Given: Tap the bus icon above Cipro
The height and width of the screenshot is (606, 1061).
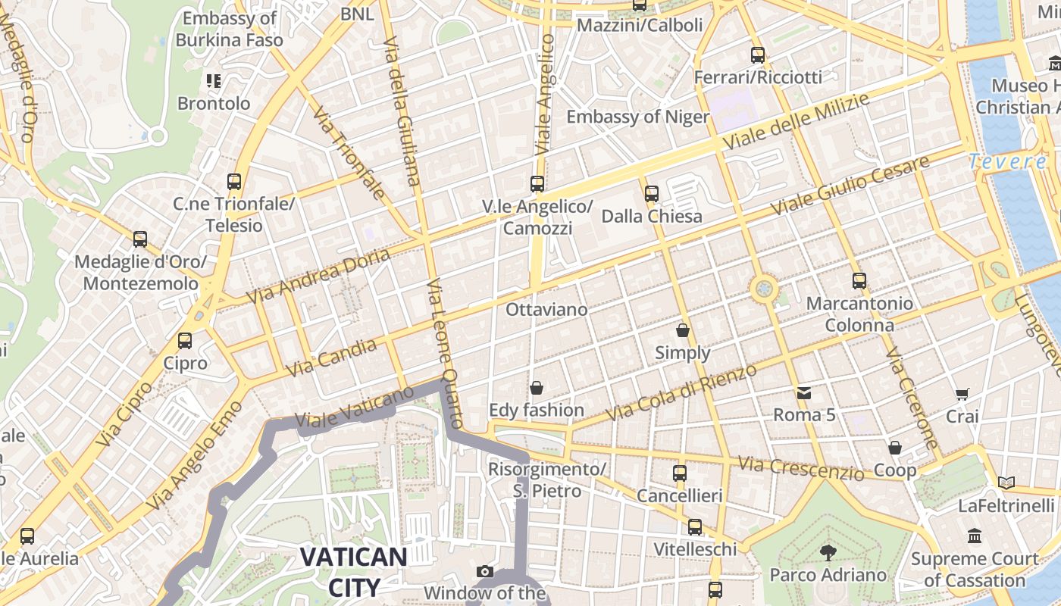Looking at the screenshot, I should pyautogui.click(x=185, y=341).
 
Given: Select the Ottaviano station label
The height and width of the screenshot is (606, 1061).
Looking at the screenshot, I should pyautogui.click(x=546, y=309).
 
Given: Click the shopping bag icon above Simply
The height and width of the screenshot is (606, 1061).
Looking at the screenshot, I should pyautogui.click(x=683, y=330).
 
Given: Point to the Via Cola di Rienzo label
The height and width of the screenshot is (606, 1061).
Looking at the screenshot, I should pyautogui.click(x=681, y=393).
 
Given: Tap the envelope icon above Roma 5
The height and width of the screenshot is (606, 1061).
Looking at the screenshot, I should pyautogui.click(x=803, y=393).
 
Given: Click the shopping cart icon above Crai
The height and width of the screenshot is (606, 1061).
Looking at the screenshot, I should pyautogui.click(x=962, y=394).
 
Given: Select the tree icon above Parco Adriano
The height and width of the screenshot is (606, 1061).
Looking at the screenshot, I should pyautogui.click(x=828, y=552).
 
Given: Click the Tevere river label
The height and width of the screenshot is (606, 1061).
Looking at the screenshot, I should pyautogui.click(x=1008, y=161).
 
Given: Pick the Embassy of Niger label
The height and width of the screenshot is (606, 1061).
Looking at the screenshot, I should pyautogui.click(x=638, y=117).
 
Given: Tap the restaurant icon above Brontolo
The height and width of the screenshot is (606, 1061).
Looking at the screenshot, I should pyautogui.click(x=213, y=80).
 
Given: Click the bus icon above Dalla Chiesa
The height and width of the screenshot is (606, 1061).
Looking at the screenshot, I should pyautogui.click(x=652, y=194).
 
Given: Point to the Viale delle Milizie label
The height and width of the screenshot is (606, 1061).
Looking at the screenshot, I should pyautogui.click(x=795, y=121).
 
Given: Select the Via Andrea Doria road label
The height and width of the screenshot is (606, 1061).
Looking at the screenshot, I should pyautogui.click(x=318, y=276).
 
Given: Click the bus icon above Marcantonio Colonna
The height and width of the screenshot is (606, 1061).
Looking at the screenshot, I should pyautogui.click(x=859, y=281).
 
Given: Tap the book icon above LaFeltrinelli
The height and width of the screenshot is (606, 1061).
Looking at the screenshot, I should pyautogui.click(x=1006, y=483).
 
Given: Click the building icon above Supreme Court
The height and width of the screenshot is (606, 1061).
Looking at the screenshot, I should pyautogui.click(x=975, y=536).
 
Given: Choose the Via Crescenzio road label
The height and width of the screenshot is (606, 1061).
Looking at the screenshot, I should pyautogui.click(x=801, y=467).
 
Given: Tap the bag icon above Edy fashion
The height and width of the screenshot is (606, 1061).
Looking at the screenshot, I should pyautogui.click(x=537, y=388).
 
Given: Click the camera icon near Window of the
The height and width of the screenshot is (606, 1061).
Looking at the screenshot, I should pyautogui.click(x=485, y=571).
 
